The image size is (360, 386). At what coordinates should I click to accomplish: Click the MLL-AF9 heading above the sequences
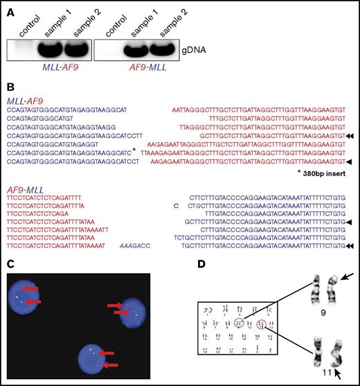tap(27, 100)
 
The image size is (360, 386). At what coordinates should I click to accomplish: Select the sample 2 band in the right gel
tap(160, 51)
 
